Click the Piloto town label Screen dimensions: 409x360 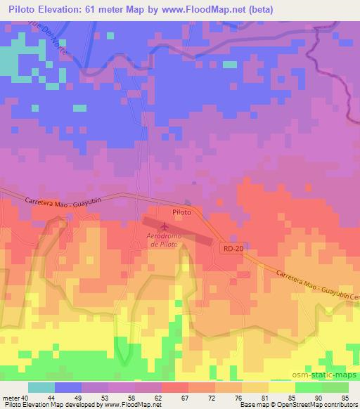pos(181,211)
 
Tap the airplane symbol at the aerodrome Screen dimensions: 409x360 pos(165,226)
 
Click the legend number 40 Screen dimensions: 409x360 pos(26,397)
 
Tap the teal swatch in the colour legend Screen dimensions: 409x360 pos(41,387)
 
